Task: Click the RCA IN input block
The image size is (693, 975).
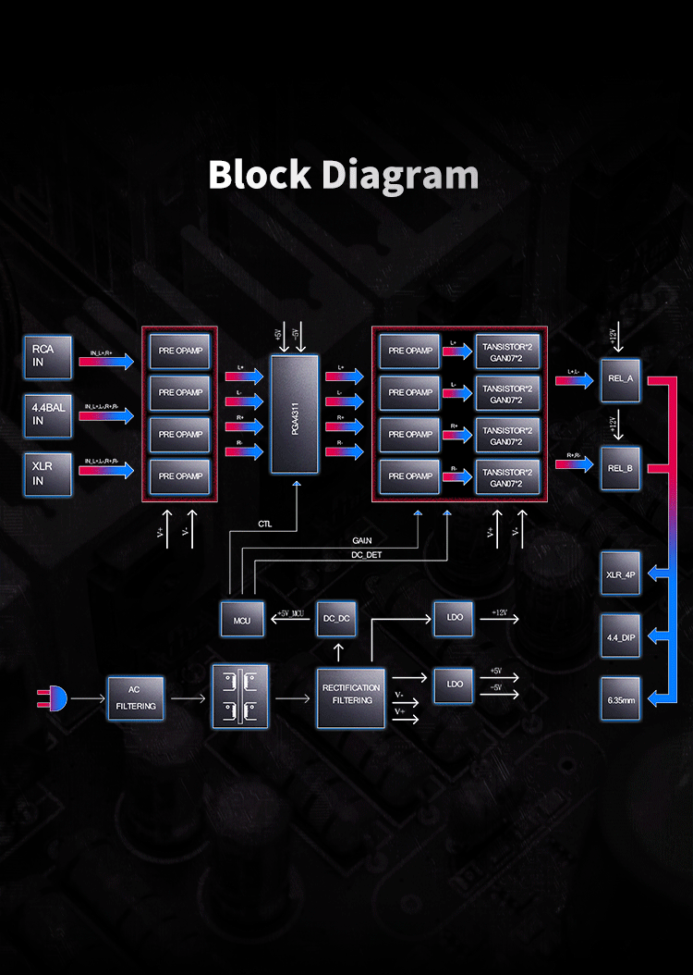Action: pyautogui.click(x=48, y=357)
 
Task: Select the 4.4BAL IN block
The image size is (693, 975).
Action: pyautogui.click(x=48, y=413)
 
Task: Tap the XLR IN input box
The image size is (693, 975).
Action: pyautogui.click(x=48, y=474)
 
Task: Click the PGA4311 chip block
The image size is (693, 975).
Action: pyautogui.click(x=293, y=414)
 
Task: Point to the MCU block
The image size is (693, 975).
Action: pyautogui.click(x=242, y=618)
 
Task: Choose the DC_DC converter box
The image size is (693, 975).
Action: pyautogui.click(x=337, y=618)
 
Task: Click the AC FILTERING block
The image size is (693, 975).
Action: pyautogui.click(x=136, y=698)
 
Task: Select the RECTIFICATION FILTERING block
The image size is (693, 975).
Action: pyautogui.click(x=351, y=694)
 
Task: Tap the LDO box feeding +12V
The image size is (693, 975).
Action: pyautogui.click(x=455, y=618)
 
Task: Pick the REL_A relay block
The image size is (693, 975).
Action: pyautogui.click(x=621, y=379)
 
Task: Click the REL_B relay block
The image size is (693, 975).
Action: pyautogui.click(x=621, y=468)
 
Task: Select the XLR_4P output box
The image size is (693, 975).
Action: pyautogui.click(x=621, y=574)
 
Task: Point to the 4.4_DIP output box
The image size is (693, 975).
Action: pyautogui.click(x=621, y=636)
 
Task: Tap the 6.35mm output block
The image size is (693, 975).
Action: pyautogui.click(x=621, y=700)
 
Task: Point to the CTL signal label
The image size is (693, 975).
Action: pyautogui.click(x=264, y=524)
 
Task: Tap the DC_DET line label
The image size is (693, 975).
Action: pyautogui.click(x=365, y=554)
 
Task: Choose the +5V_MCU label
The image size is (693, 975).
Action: pyautogui.click(x=289, y=612)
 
